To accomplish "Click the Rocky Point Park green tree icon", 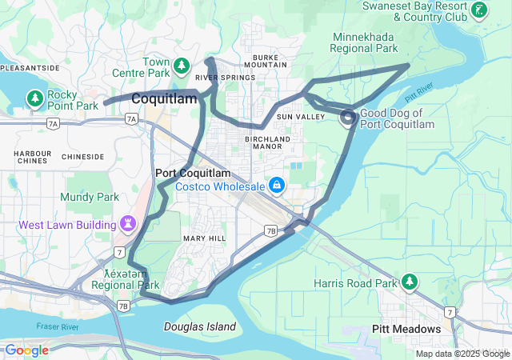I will point(35,98).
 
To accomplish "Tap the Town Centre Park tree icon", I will point(182,65).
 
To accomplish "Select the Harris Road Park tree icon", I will point(410,282).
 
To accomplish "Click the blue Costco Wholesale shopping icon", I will point(276,186).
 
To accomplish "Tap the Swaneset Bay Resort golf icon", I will point(479,10).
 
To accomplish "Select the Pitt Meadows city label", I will point(406,329).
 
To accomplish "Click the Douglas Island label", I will point(200,326).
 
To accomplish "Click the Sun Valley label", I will point(300,117).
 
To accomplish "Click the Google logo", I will point(26,350).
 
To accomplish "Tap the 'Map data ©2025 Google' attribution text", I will point(462,354).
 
